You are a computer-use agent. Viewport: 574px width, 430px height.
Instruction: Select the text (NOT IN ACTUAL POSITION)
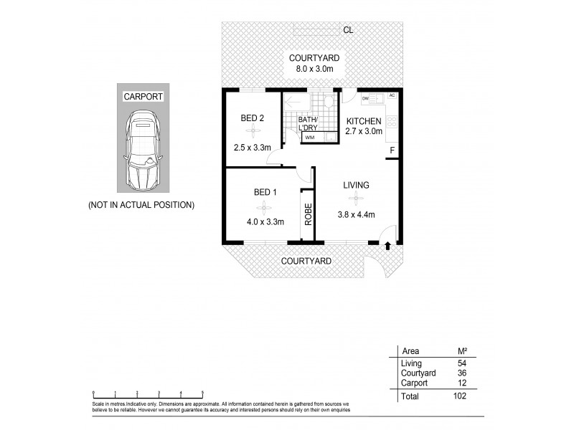pos(141,205)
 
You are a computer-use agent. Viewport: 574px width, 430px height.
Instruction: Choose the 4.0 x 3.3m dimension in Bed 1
pos(264,221)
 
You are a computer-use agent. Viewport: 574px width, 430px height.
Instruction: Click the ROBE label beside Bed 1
pos(308,216)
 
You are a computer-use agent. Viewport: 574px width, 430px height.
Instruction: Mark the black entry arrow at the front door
pos(387,247)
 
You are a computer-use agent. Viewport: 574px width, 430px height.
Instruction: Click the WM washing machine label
pos(309,137)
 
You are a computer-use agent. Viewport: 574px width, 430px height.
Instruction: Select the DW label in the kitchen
pos(365,98)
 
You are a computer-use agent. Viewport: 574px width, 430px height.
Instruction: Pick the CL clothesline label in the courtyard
pos(348,30)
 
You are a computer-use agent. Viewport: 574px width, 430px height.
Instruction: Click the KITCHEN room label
pos(364,121)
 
